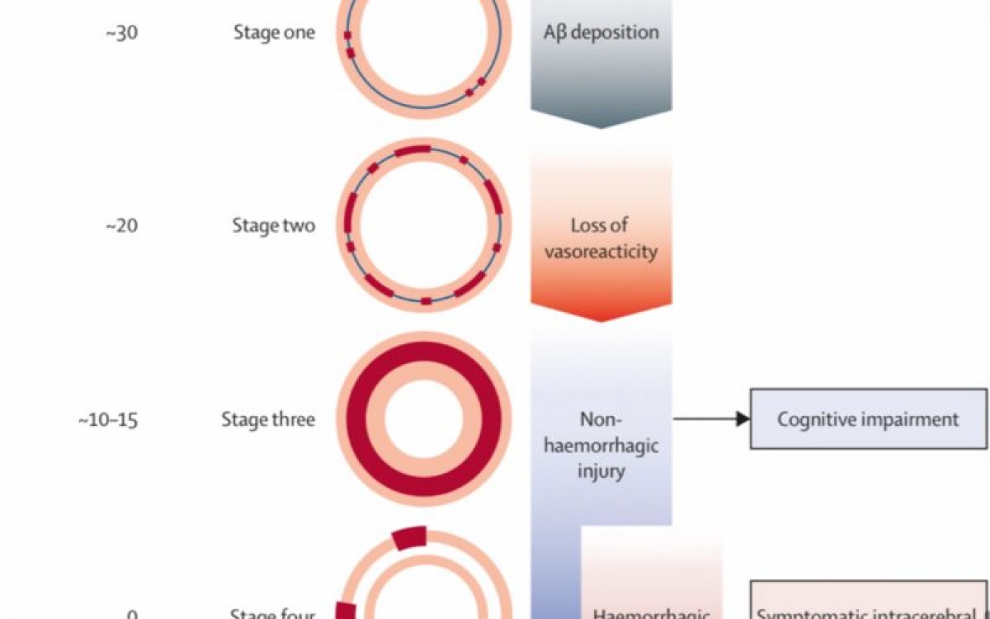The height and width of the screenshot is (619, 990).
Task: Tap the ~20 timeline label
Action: pyautogui.click(x=121, y=226)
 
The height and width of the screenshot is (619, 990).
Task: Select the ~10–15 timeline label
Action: pyautogui.click(x=108, y=419)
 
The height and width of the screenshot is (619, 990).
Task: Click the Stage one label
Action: pyautogui.click(x=273, y=34)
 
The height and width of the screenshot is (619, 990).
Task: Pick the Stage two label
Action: pyautogui.click(x=273, y=226)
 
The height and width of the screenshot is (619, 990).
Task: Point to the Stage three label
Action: pyautogui.click(x=267, y=419)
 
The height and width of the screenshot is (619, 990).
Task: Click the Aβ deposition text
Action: pyautogui.click(x=601, y=33)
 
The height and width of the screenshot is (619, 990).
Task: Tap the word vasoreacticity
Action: pyautogui.click(x=601, y=251)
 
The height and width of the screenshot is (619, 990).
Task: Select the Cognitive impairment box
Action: pyautogui.click(x=868, y=419)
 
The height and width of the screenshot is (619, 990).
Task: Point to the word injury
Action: pyautogui.click(x=601, y=473)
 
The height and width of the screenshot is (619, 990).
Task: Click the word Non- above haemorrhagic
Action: pyautogui.click(x=601, y=419)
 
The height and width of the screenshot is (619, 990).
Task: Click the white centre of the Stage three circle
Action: pyautogui.click(x=423, y=419)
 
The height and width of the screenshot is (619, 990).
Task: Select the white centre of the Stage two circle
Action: pyautogui.click(x=423, y=226)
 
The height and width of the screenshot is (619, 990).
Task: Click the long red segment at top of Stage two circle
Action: pyautogui.click(x=412, y=152)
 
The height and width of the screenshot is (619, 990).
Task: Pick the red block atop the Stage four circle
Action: pyautogui.click(x=409, y=538)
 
